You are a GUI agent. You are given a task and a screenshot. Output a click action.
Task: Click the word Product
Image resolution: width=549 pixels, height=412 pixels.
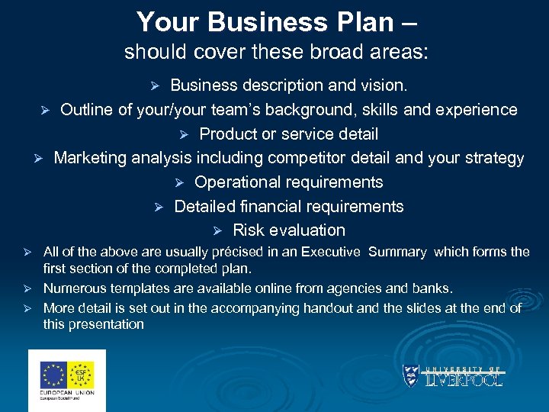226,134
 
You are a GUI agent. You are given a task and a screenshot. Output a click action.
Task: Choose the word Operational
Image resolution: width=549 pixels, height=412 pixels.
242,182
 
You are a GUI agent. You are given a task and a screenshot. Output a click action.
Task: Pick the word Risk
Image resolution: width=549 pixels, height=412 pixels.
247,230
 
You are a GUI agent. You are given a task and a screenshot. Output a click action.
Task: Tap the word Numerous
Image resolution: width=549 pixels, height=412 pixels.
74,289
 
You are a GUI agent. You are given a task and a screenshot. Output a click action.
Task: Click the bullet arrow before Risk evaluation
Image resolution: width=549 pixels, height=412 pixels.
217,231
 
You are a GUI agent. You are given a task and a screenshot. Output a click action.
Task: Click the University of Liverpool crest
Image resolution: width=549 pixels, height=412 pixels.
411,376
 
